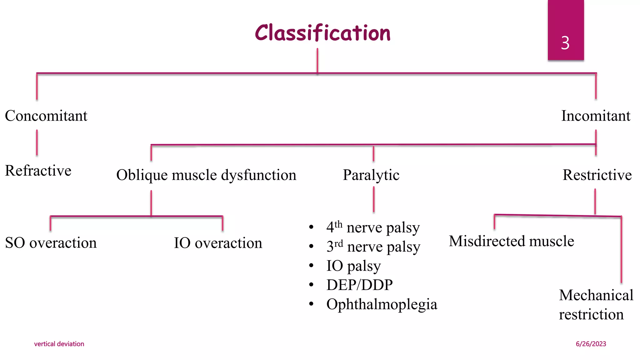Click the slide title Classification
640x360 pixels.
tap(322, 33)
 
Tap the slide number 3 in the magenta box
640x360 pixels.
tap(565, 43)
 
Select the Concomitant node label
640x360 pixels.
tap(46, 116)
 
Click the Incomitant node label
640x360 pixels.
tap(596, 116)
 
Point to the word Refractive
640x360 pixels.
tap(38, 171)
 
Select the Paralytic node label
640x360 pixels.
tap(371, 175)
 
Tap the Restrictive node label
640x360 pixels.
tap(597, 175)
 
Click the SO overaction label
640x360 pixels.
tap(51, 243)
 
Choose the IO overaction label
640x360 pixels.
tap(218, 243)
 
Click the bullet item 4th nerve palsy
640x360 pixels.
tap(373, 227)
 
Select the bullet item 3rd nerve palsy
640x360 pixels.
tap(373, 247)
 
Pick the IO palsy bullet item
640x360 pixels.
tap(353, 266)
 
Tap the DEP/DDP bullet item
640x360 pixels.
tap(359, 285)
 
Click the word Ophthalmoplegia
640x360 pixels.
tap(382, 304)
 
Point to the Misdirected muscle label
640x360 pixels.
tap(511, 241)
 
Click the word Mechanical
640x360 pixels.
tap(596, 295)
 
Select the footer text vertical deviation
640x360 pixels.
tap(59, 344)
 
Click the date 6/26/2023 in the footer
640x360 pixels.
tap(591, 344)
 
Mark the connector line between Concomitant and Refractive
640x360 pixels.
tap(37, 143)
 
